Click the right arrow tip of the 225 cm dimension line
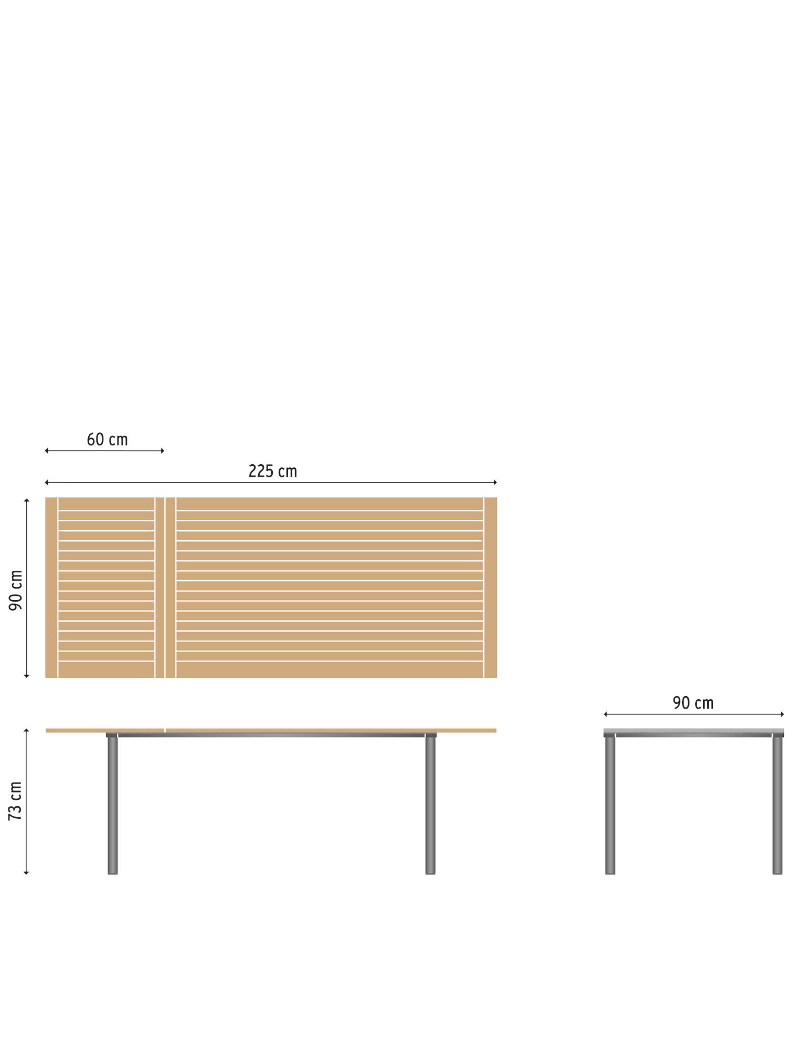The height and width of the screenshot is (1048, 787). click(x=496, y=482)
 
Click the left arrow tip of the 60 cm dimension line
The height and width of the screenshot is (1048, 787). click(x=45, y=451)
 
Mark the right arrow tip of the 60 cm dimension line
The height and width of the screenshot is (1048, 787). click(x=164, y=451)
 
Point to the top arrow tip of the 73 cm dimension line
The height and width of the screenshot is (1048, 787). click(x=26, y=729)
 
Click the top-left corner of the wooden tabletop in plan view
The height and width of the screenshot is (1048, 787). click(x=46, y=497)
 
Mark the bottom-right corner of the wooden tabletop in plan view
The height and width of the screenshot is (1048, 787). click(x=497, y=678)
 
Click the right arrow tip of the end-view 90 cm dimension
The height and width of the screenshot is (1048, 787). click(x=784, y=714)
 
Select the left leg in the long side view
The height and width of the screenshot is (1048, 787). click(x=112, y=805)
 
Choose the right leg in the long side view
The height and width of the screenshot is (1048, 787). click(x=430, y=805)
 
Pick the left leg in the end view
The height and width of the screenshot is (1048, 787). click(x=610, y=805)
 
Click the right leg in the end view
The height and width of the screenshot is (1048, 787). click(x=777, y=805)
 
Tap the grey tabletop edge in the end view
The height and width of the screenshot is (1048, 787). click(x=694, y=731)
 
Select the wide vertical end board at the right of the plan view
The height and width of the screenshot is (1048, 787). click(x=491, y=587)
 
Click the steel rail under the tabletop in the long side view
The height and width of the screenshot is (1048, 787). click(x=271, y=735)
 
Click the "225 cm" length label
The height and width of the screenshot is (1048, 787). click(x=273, y=471)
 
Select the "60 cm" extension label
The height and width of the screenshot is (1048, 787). click(x=107, y=439)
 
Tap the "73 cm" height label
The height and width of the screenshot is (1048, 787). click(x=15, y=801)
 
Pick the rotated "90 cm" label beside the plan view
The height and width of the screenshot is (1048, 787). click(x=15, y=590)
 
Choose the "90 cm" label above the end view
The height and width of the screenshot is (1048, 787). click(x=693, y=703)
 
